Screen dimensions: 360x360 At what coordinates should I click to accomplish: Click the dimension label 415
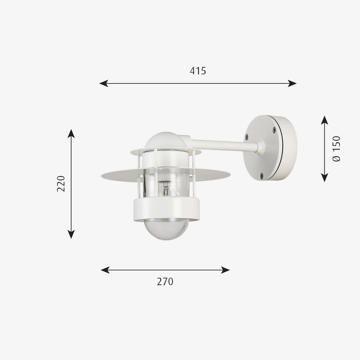coord(198,71)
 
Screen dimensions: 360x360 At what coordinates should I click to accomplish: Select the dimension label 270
coord(165,281)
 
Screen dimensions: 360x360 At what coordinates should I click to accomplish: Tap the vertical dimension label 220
coord(61,184)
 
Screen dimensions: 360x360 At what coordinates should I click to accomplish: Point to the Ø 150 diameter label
coord(336,149)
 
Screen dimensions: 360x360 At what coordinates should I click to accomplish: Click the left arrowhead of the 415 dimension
coord(104,83)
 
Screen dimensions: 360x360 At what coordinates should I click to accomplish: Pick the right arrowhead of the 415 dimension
coord(292,83)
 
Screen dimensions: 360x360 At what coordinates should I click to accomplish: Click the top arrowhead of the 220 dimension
coord(71,133)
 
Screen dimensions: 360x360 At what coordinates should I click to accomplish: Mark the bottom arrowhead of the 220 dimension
coord(71,234)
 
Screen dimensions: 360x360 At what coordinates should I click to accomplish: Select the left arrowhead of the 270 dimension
coord(105,270)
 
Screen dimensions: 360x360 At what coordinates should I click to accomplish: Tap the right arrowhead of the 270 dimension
coord(225,270)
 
